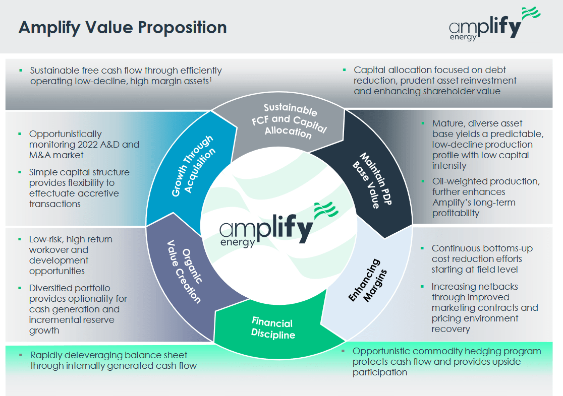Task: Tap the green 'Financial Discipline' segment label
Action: pyautogui.click(x=272, y=328)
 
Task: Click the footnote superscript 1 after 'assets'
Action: pyautogui.click(x=210, y=78)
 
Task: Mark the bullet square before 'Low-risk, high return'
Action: pyautogui.click(x=19, y=239)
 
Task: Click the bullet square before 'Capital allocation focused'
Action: pyautogui.click(x=344, y=70)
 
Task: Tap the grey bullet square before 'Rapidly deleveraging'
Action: pyautogui.click(x=21, y=355)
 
